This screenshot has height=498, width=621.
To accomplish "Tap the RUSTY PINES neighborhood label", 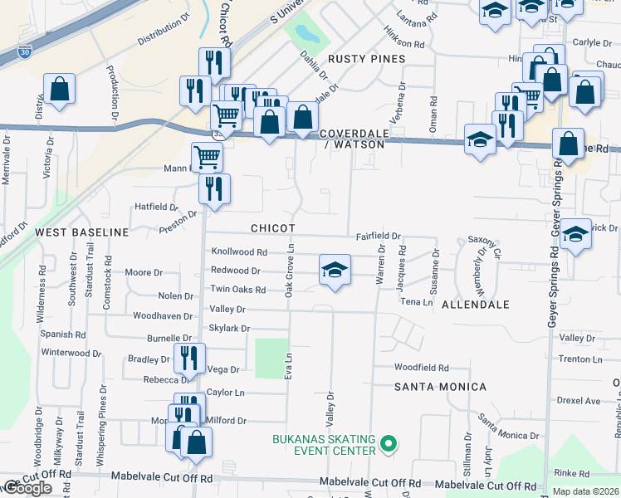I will coord(366,59).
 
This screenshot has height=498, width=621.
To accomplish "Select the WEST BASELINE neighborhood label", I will coord(81,232).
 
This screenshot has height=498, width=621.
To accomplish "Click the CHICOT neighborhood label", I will coord(273,227).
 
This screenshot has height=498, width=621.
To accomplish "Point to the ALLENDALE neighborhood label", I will coord(475,305).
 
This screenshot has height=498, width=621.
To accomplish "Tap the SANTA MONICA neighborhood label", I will coord(440,387).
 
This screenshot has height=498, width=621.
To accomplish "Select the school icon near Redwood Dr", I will coord(335,270).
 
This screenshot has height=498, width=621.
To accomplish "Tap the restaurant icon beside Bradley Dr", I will coord(190,358).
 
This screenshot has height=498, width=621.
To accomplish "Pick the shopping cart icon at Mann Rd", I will coord(207,155).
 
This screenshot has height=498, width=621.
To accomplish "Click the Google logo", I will coord(27,488).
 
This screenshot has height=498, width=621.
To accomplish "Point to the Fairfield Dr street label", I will coord(379,237).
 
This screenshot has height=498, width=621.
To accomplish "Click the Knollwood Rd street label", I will coord(239,251).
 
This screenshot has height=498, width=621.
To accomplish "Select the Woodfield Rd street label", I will coord(421,367).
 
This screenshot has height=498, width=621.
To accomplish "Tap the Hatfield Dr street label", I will coord(157,207).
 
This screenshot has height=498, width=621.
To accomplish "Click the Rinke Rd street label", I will coord(571,472).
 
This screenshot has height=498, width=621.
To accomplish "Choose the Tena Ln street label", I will coord(417,302).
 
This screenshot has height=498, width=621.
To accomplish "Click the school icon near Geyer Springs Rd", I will coord(575,234).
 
